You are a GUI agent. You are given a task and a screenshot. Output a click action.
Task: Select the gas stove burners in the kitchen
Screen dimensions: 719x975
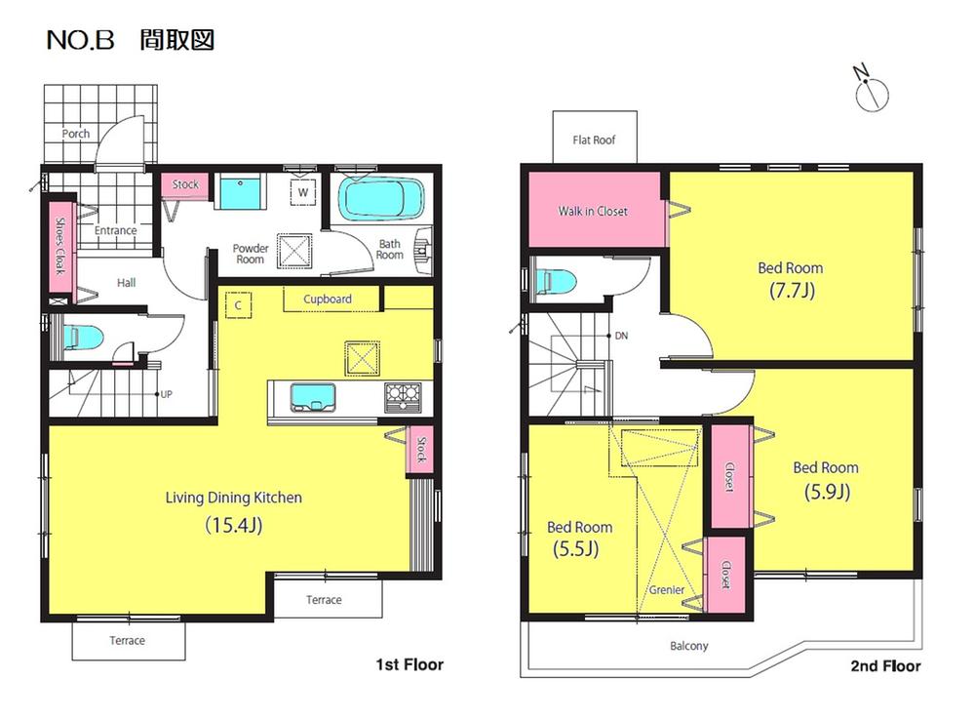401,395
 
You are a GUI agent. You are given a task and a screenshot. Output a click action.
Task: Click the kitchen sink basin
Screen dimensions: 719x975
312,396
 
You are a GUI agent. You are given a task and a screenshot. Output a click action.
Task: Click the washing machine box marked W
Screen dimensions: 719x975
303,192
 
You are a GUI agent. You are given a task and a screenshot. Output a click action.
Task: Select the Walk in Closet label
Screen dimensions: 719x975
593,211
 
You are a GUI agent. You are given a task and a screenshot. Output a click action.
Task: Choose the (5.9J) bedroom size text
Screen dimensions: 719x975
826,492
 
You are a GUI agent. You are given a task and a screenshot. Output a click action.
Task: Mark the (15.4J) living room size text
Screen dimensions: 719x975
234,525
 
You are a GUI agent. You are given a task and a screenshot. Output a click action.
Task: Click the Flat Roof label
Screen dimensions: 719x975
594,140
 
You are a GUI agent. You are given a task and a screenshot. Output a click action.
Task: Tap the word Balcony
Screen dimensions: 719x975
689,646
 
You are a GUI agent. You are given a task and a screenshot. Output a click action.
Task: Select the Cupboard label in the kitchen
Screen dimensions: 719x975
328,300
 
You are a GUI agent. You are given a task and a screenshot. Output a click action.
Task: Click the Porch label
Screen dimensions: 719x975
76,134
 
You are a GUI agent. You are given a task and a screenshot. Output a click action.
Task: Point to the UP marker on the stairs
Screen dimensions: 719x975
165,395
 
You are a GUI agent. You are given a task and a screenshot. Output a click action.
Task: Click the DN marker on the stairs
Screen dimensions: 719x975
620,336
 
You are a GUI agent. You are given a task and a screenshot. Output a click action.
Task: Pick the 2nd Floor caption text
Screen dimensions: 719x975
885,666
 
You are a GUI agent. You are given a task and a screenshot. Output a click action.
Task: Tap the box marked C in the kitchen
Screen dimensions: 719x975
237,304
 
